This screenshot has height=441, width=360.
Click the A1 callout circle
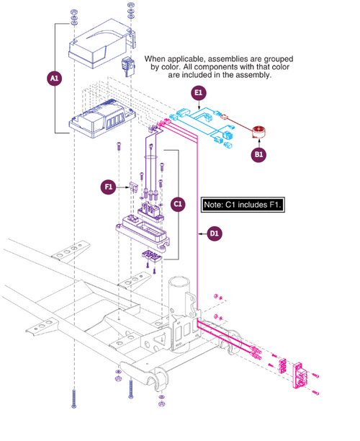click(x=55, y=79)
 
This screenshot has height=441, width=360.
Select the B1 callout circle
click(x=258, y=154)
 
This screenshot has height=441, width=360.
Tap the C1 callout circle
click(x=178, y=204)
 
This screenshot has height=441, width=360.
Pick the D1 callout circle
click(x=215, y=233)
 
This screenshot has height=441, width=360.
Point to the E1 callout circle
click(x=199, y=93)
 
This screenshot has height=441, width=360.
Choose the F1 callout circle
click(x=109, y=187)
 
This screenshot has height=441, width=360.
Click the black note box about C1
click(x=243, y=205)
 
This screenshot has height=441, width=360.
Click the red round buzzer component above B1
click(x=258, y=132)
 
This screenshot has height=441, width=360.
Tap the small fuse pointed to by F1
click(x=133, y=187)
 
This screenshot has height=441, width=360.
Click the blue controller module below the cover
click(x=102, y=119)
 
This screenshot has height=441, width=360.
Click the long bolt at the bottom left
click(x=73, y=398)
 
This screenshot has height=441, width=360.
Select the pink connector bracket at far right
click(x=300, y=375)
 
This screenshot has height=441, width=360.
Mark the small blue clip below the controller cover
click(x=128, y=67)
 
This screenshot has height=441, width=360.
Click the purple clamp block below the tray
click(x=151, y=257)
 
